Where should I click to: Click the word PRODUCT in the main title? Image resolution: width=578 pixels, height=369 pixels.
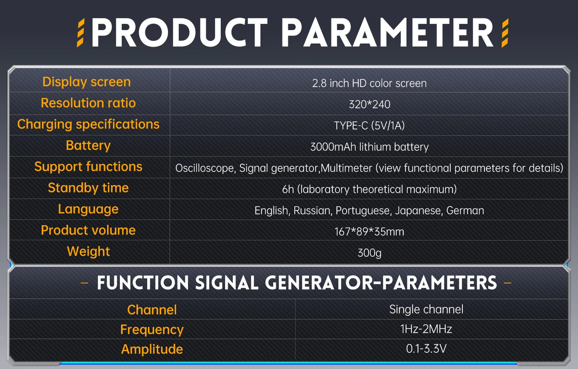(179, 33)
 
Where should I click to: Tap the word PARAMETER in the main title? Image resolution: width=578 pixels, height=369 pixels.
(387, 33)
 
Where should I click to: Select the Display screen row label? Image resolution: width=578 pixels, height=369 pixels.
(86, 82)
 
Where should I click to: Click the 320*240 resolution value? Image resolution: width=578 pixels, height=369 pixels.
(369, 104)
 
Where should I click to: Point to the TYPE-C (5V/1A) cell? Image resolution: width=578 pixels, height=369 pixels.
(369, 126)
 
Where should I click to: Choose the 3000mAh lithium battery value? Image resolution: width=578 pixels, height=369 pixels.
(369, 147)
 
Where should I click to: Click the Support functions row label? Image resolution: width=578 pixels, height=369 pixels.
(88, 166)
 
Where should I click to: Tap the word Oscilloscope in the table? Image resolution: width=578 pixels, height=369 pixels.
(205, 168)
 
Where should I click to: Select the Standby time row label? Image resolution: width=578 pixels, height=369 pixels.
(88, 188)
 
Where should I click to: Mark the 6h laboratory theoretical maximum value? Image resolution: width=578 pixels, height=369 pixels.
(369, 189)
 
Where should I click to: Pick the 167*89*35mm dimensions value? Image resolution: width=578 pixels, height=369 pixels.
(369, 232)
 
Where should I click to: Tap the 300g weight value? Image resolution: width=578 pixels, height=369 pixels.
(369, 253)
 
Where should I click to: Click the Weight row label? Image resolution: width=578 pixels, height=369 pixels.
(88, 251)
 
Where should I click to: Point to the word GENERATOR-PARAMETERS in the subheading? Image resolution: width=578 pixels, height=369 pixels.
(381, 283)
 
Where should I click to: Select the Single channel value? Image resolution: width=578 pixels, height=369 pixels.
(426, 309)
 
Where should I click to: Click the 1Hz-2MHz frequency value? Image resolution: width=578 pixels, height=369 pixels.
(426, 329)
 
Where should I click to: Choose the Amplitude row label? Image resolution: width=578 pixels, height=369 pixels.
(152, 349)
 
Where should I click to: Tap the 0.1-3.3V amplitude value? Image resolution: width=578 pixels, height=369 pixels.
(426, 349)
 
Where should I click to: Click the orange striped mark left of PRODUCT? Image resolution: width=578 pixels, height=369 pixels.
(80, 33)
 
